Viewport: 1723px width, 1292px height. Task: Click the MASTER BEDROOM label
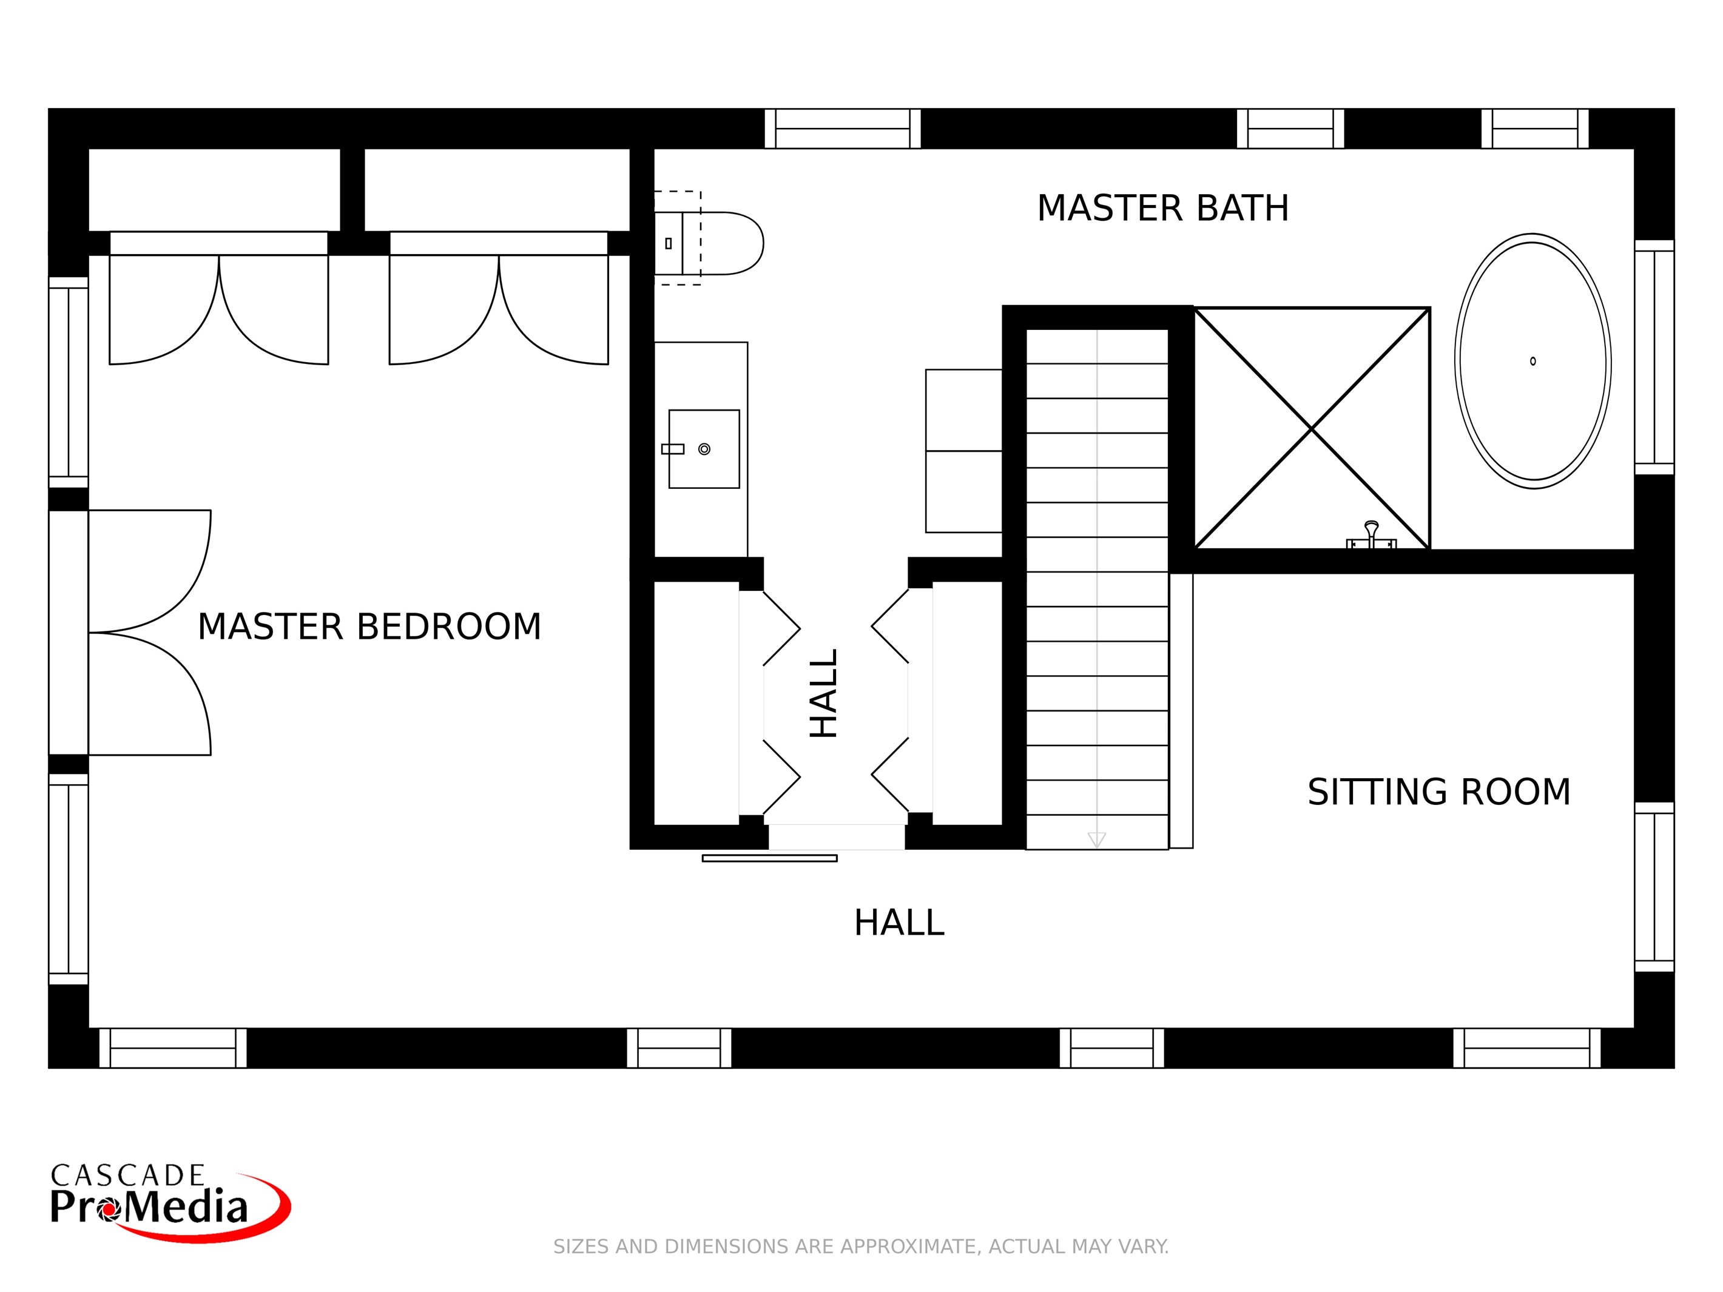tap(369, 627)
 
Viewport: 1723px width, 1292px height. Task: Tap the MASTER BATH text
tap(1162, 209)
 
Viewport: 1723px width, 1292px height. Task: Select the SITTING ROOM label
tap(1438, 792)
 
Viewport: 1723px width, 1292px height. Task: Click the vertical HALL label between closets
tap(824, 693)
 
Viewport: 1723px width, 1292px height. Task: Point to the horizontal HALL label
tap(899, 923)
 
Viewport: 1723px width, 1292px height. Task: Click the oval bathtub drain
tap(1533, 362)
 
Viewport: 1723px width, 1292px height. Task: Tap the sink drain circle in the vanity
tap(704, 449)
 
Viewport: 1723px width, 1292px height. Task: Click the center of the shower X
tap(1312, 428)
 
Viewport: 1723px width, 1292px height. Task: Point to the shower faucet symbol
tap(1371, 536)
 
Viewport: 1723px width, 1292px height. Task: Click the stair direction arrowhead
tap(1097, 839)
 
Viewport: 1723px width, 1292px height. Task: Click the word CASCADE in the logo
tap(128, 1175)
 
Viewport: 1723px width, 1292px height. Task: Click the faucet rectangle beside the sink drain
tap(672, 449)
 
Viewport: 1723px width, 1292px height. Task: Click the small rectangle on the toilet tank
tap(669, 244)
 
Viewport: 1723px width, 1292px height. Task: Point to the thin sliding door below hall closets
tap(769, 858)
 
